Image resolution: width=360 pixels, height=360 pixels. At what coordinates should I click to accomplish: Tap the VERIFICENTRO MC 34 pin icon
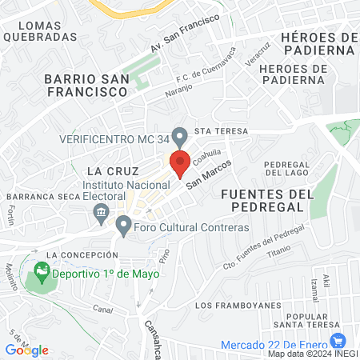coord(181,137)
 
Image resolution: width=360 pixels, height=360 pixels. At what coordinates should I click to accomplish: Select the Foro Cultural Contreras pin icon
coord(123,226)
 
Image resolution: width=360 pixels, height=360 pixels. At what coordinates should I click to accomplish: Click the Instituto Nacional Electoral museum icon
coord(101,211)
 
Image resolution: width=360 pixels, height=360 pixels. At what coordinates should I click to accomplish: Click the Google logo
coord(26,350)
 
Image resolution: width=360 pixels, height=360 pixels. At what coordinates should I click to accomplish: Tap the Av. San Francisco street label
coord(185,34)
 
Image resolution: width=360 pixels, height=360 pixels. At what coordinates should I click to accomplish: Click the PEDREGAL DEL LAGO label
coord(286,170)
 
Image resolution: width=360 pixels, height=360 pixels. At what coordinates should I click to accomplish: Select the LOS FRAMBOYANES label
coord(238,305)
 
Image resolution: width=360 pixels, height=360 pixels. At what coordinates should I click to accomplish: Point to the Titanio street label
coord(279,250)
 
